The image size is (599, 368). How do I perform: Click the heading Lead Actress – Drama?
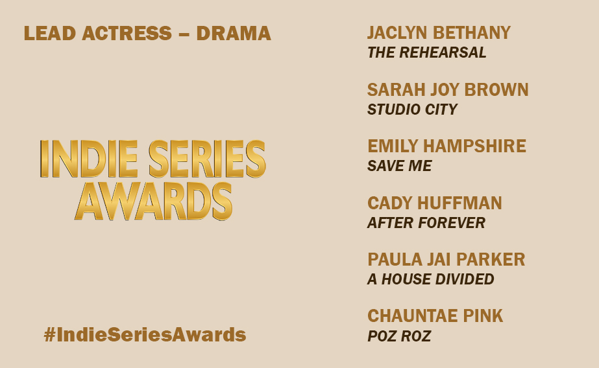tap(147, 34)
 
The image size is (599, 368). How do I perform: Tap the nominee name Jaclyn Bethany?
tap(439, 33)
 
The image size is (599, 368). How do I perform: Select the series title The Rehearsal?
tap(426, 53)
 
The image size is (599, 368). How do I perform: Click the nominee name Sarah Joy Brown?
tap(448, 89)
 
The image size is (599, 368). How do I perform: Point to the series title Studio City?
tap(412, 109)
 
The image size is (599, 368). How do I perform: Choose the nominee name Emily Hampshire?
tap(446, 146)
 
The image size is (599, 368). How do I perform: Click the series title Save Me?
tap(399, 167)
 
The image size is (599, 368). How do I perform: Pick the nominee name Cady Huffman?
tap(435, 203)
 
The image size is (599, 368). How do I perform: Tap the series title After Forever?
tap(426, 224)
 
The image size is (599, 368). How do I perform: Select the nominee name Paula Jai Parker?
tap(446, 260)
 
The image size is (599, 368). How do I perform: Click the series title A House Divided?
tap(430, 280)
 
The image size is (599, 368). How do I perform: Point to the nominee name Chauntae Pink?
tap(435, 316)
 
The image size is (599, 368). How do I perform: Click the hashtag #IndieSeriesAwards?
tap(145, 335)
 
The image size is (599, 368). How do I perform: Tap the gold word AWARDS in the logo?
tap(153, 200)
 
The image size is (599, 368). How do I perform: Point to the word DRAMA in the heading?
tap(234, 34)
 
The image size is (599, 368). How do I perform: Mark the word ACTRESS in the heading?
tap(127, 34)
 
